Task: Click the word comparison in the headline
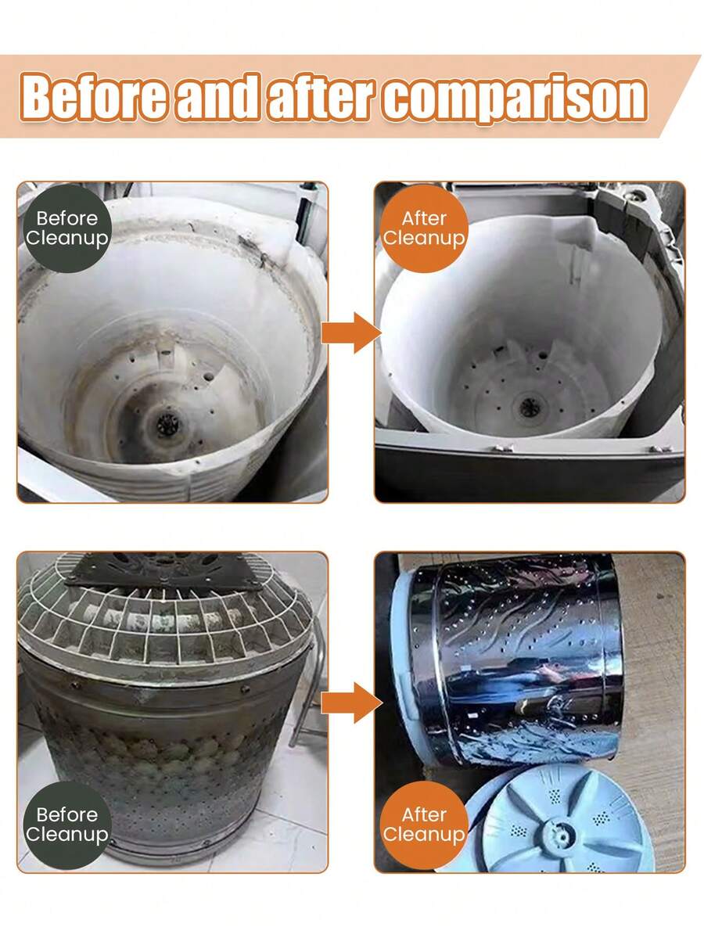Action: pos(515,99)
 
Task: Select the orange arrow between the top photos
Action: pos(351,332)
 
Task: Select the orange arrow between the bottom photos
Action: pos(351,703)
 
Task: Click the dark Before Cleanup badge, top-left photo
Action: pos(67,228)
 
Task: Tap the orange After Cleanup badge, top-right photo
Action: pos(424,228)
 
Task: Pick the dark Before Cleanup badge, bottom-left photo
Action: pos(67,825)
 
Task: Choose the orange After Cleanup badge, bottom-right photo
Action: pos(424,825)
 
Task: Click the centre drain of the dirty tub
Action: pos(167,425)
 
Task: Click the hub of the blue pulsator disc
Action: pos(560,832)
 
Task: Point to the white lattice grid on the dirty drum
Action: pos(164,622)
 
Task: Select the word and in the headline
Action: pos(218,96)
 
